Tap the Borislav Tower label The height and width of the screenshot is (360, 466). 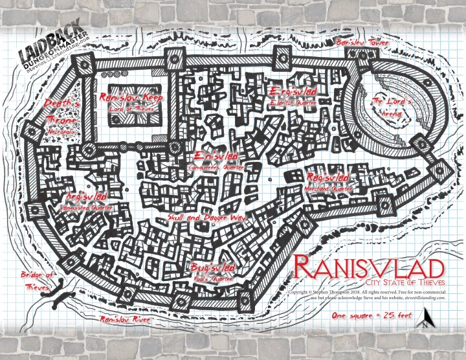(x=361, y=43)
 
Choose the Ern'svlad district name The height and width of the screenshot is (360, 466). (x=216, y=157)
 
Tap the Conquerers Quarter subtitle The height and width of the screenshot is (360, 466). (x=216, y=166)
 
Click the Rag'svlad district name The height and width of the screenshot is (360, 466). (x=329, y=177)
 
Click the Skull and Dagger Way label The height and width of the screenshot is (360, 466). (x=205, y=218)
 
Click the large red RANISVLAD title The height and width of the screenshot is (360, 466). (x=370, y=268)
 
